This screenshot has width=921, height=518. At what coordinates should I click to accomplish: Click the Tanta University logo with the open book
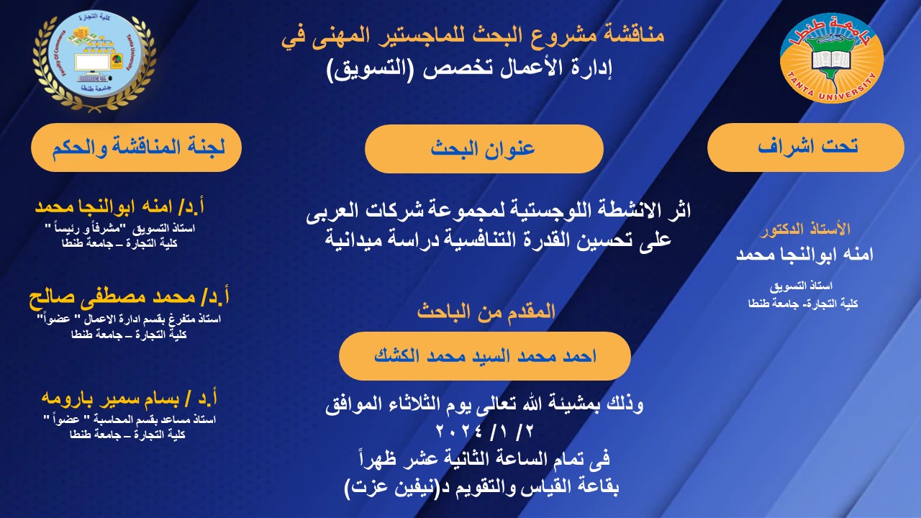(832, 58)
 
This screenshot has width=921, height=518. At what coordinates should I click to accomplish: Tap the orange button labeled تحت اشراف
(805, 147)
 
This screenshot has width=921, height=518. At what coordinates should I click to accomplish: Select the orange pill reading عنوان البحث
(484, 148)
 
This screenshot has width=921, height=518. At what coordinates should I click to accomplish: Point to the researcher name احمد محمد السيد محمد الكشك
(484, 355)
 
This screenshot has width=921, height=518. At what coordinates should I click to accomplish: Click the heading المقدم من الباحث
(486, 312)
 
